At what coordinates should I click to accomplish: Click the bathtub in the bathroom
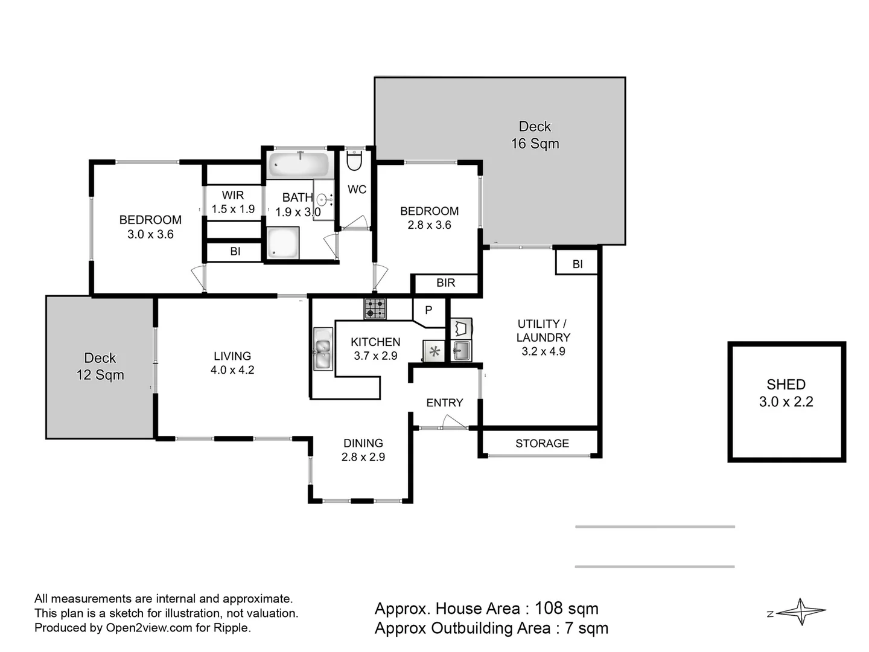(298, 164)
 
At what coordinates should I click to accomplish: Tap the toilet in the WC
(354, 161)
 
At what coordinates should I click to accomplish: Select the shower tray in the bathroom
(282, 243)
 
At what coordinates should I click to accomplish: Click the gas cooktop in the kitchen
(375, 308)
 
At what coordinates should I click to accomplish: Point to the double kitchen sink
(322, 350)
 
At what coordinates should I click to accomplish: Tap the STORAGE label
(542, 444)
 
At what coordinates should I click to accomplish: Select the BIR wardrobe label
(445, 283)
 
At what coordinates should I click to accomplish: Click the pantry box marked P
(428, 311)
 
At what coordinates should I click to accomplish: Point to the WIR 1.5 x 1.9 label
(233, 202)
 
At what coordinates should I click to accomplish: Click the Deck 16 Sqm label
(535, 135)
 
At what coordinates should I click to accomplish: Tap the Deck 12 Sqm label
(100, 366)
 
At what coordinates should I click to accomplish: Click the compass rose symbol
(801, 612)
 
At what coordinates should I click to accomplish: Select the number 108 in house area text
(549, 609)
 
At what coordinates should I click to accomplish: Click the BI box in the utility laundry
(578, 264)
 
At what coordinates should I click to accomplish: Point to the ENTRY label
(444, 403)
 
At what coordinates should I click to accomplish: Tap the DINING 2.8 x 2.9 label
(363, 450)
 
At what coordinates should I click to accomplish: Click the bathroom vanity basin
(323, 199)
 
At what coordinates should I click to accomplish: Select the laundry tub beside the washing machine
(462, 350)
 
